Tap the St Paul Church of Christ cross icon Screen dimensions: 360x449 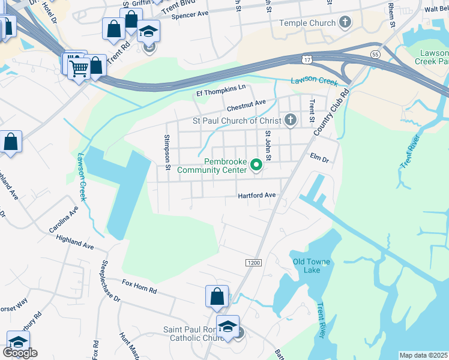[291, 121]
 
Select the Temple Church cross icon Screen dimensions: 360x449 [345, 23]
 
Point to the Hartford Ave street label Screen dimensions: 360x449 [256, 195]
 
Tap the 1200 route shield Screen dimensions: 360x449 [254, 263]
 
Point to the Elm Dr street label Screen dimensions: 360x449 [319, 160]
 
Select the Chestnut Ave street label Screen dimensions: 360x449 [246, 104]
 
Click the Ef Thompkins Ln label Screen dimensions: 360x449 [221, 91]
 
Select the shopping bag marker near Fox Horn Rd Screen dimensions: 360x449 [217, 296]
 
